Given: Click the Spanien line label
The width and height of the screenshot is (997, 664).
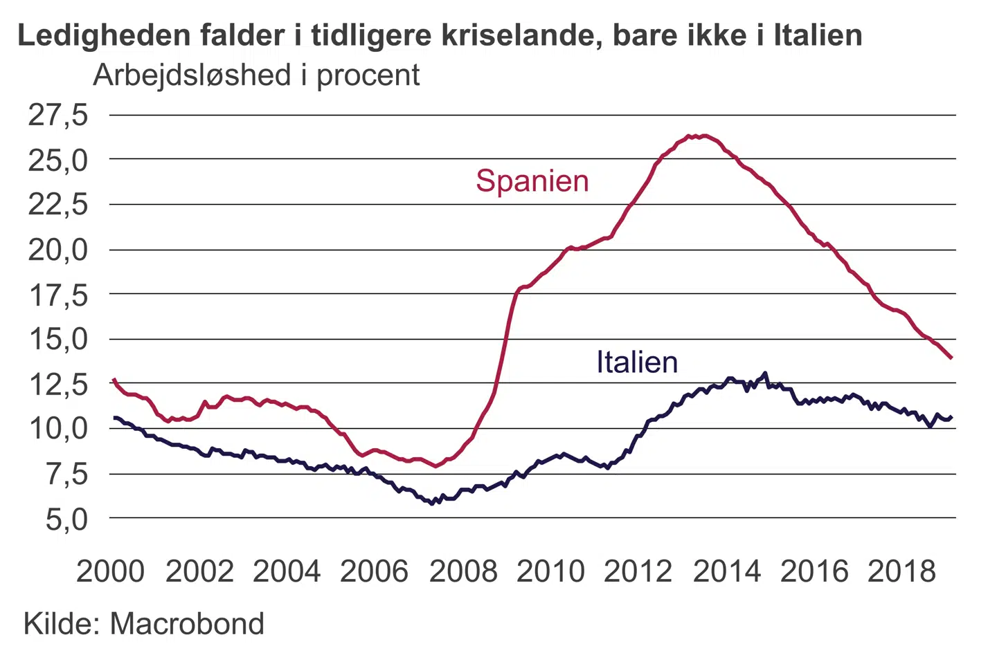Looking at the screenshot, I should point(532,181).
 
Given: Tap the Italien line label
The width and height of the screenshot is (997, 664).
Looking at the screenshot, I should point(637,362).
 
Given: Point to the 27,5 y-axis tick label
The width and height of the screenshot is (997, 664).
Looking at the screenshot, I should point(58,115).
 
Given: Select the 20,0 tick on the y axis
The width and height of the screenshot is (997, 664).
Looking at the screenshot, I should point(58,250).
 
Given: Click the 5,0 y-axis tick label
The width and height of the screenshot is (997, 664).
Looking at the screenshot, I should point(66,519).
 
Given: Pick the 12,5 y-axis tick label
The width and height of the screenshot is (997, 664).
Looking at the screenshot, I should point(58,384).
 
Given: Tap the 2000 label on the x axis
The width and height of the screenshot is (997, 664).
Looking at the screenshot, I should point(110,571).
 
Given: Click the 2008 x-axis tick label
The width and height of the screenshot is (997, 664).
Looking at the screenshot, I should point(462,571).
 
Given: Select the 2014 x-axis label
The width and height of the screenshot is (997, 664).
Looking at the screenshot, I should point(726,571).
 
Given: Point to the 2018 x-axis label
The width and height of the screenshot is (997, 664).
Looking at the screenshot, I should point(901,571).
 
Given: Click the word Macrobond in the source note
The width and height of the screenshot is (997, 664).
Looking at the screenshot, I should point(187,624).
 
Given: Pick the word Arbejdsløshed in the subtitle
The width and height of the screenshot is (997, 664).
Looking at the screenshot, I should point(192,75).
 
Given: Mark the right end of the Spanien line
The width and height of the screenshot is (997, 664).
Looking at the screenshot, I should point(951,358).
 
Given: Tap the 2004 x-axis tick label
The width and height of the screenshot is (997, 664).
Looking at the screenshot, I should point(287,571).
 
